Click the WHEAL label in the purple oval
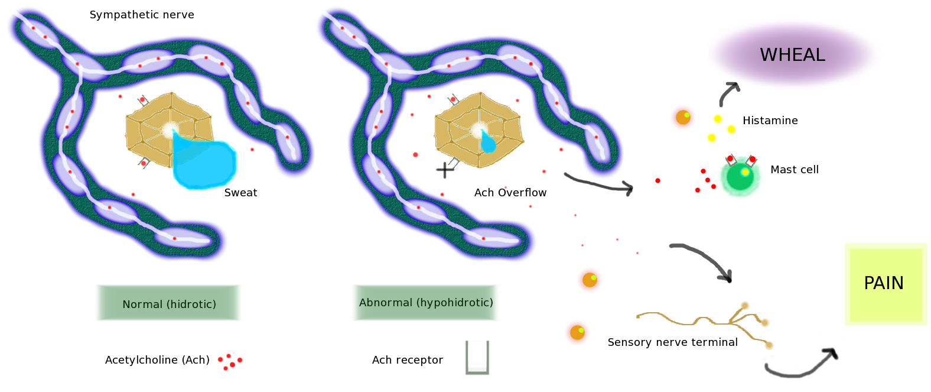click(x=792, y=55)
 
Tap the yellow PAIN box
click(x=885, y=284)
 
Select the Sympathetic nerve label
click(x=142, y=15)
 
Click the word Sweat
click(x=240, y=193)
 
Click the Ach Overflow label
click(x=510, y=193)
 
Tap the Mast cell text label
click(x=795, y=170)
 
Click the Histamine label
click(x=770, y=121)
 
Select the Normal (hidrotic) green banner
click(x=169, y=304)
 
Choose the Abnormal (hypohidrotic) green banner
click(x=426, y=303)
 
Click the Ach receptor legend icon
click(x=477, y=357)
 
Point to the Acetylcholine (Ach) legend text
click(x=157, y=360)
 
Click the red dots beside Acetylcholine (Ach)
click(x=230, y=361)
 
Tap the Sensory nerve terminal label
click(x=672, y=342)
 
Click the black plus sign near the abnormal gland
click(x=444, y=170)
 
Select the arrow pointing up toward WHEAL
click(x=728, y=93)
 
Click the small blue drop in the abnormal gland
click(x=487, y=142)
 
